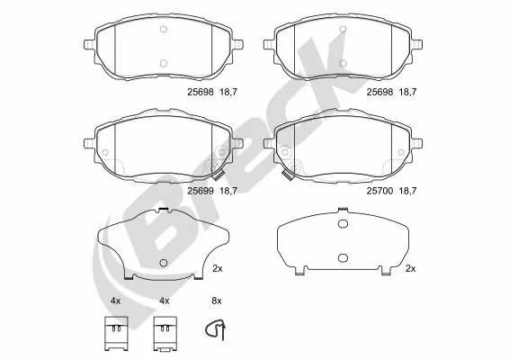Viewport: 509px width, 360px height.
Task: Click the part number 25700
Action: click(x=379, y=190)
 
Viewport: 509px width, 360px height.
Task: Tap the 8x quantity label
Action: click(x=216, y=299)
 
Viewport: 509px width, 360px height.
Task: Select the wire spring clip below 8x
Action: click(x=216, y=331)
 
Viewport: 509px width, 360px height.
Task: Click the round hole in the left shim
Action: click(x=163, y=263)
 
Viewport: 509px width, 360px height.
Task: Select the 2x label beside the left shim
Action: click(x=217, y=268)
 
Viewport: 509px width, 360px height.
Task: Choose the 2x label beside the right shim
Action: click(x=410, y=268)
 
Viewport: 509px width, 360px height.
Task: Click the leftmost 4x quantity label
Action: click(x=115, y=299)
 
